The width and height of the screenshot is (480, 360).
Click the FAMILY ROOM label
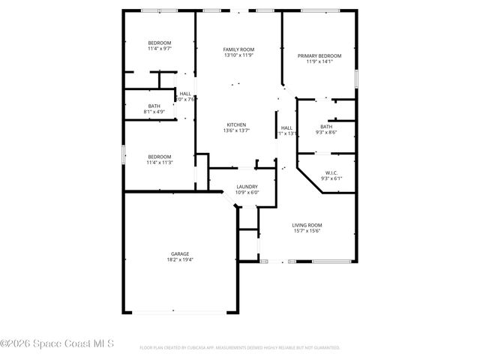click(238, 49)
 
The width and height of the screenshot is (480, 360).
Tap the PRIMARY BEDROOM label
click(319, 56)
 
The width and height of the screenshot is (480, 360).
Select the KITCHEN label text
click(237, 124)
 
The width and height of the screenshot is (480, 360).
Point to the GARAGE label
click(178, 254)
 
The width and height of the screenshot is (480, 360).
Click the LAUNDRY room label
click(247, 187)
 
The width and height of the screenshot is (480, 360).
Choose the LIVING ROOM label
click(307, 225)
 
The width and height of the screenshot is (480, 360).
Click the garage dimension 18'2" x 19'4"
click(178, 261)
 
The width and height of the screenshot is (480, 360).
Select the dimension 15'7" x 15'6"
click(307, 231)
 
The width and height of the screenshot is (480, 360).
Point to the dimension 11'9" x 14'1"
click(319, 62)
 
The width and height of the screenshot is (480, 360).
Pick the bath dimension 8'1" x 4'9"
click(154, 112)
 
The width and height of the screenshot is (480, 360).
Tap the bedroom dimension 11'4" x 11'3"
click(159, 163)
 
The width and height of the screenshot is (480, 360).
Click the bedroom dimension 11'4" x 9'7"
click(159, 49)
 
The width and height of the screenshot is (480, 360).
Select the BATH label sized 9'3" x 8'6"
click(326, 127)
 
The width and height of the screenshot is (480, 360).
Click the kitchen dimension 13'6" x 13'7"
click(237, 130)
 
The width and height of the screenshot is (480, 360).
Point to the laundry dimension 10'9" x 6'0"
click(247, 193)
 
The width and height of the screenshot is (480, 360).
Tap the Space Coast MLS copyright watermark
click(57, 345)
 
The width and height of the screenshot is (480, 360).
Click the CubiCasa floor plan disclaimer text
click(240, 348)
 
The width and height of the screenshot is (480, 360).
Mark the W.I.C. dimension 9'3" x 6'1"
click(331, 178)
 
